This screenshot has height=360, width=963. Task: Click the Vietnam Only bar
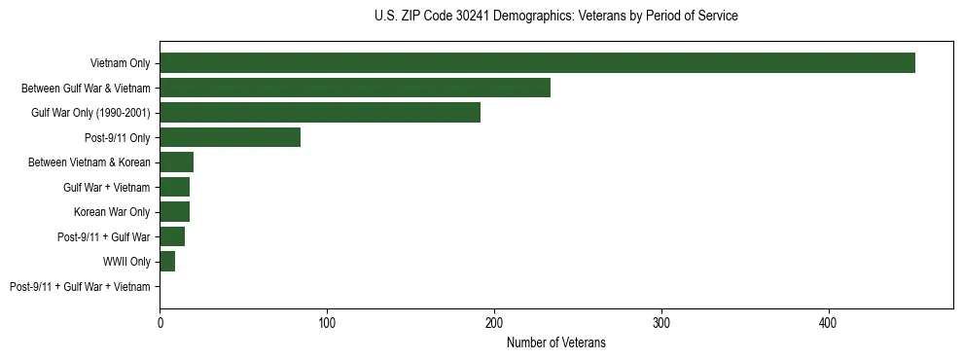pos(537,62)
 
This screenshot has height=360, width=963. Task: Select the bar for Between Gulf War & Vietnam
pos(355,88)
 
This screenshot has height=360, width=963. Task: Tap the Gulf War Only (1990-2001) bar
pos(320,112)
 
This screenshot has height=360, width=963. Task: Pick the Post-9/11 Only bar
pos(230,137)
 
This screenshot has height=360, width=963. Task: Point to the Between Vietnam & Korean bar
pos(176,162)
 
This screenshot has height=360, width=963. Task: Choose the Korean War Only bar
pos(174,211)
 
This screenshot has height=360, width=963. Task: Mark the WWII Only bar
pos(167,261)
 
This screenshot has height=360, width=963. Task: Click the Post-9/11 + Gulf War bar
pos(172,236)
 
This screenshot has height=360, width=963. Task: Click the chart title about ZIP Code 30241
pos(555,16)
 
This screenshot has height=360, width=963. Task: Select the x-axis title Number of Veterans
pos(555,342)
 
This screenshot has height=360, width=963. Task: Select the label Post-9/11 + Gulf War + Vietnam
pos(80,286)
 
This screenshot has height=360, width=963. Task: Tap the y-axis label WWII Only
pos(126,262)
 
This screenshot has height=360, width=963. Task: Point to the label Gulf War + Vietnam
pos(107,187)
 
